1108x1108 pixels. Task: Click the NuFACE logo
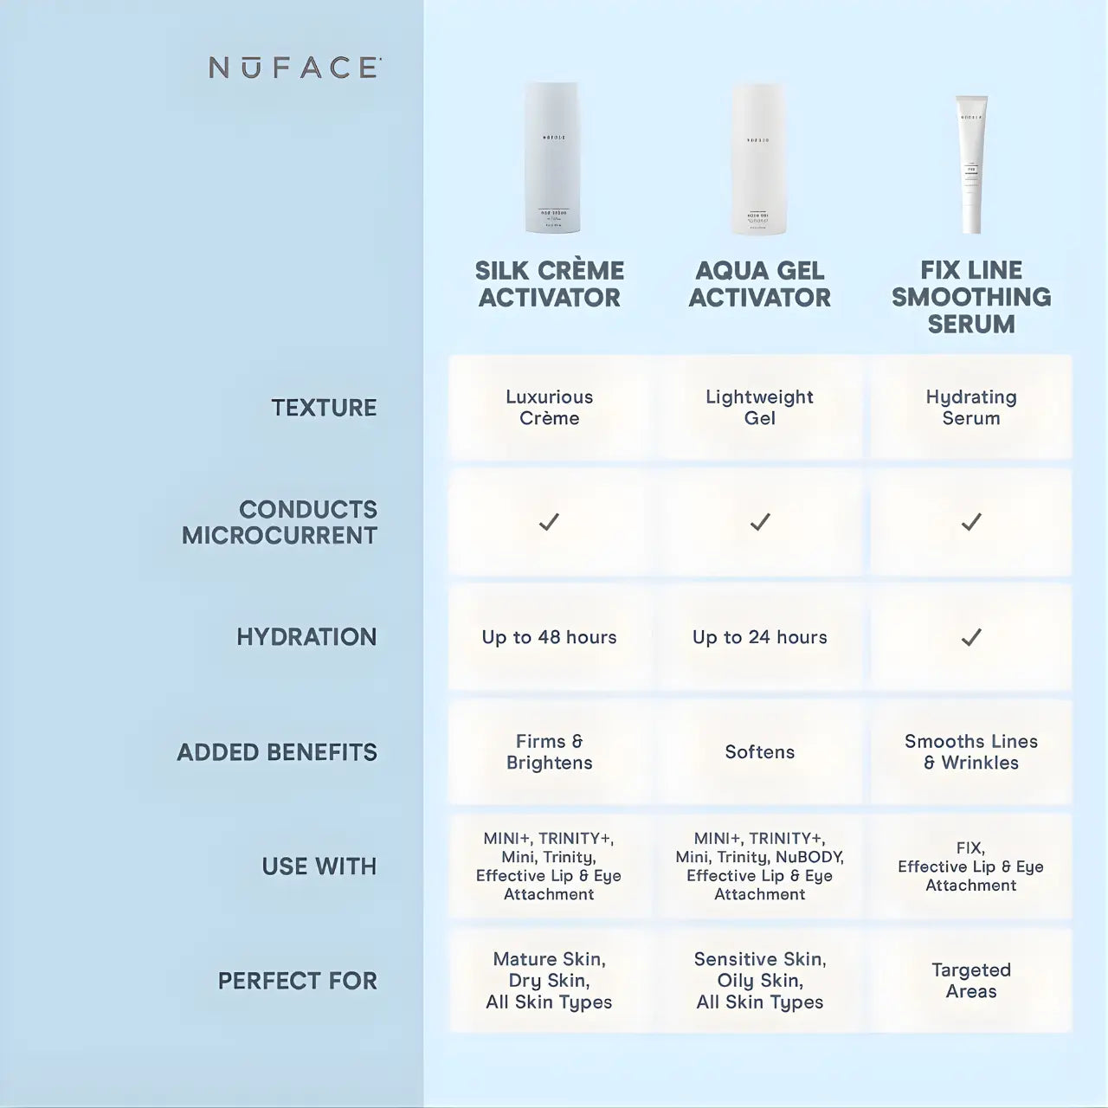(x=294, y=68)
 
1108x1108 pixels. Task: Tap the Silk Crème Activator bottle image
(x=551, y=158)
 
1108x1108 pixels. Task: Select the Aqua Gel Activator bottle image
(x=759, y=159)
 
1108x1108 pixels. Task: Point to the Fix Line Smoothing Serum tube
(x=971, y=164)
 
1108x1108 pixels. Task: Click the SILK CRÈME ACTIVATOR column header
(x=550, y=284)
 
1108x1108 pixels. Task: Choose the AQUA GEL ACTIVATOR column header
(x=759, y=284)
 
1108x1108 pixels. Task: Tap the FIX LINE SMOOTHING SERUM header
(x=971, y=297)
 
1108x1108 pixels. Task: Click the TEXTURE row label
(x=324, y=408)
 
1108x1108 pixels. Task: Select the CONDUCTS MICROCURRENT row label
(x=280, y=522)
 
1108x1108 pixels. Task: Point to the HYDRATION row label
(x=306, y=637)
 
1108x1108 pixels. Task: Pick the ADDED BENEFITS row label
(x=277, y=752)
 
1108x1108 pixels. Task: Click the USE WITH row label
(x=319, y=866)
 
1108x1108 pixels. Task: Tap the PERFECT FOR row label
(x=297, y=981)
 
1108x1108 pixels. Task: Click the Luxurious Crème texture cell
(x=550, y=408)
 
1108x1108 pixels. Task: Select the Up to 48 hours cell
(x=550, y=638)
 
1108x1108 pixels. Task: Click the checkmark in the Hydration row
(x=971, y=638)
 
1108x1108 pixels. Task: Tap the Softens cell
(x=759, y=752)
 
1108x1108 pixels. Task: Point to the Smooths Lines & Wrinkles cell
(x=971, y=752)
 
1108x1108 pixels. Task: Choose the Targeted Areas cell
(x=971, y=981)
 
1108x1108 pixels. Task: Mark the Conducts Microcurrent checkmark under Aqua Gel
(x=760, y=522)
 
